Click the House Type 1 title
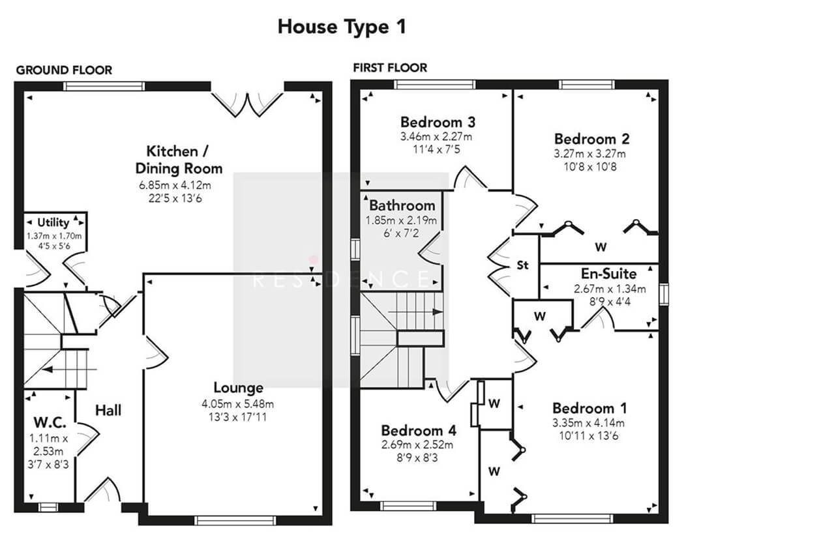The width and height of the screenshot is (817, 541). (342, 27)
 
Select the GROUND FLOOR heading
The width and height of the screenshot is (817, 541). (64, 70)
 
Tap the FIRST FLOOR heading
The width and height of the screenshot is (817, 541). (390, 68)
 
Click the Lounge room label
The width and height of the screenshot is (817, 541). (238, 388)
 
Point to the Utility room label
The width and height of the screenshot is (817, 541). (53, 222)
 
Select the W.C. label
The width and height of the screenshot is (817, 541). (50, 422)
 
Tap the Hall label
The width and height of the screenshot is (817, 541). (108, 411)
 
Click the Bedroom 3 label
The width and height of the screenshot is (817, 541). (438, 122)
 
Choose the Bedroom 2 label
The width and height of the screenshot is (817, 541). (591, 139)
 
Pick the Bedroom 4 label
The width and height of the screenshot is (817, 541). (419, 431)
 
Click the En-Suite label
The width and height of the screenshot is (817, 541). (609, 274)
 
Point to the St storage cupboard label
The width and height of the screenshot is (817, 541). (522, 265)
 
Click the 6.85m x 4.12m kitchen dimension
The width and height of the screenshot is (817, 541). (175, 185)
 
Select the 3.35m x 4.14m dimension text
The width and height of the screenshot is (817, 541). (588, 423)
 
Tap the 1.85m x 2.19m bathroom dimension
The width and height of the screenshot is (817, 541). (401, 220)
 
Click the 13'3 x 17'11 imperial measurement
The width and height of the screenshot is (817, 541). (237, 417)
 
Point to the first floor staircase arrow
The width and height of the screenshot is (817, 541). (415, 312)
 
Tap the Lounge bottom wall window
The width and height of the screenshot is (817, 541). (235, 520)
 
